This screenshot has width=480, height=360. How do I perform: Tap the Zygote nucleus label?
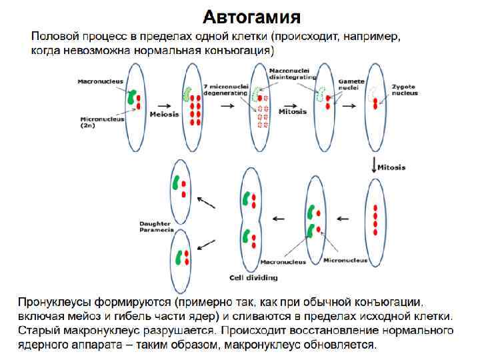pyautogui.click(x=404, y=89)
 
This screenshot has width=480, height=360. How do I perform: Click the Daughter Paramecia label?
pyautogui.click(x=156, y=226)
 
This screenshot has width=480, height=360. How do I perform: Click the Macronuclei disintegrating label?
pyautogui.click(x=291, y=73)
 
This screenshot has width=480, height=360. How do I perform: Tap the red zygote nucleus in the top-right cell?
pyautogui.click(x=375, y=103)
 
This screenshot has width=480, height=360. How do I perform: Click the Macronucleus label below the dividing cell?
pyautogui.click(x=283, y=262)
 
